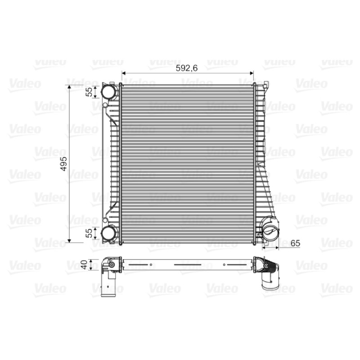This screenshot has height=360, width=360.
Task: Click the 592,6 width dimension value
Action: [x=186, y=68]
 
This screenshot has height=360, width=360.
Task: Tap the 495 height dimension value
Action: [x=63, y=164]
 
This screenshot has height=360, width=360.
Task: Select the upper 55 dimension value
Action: [x=89, y=92]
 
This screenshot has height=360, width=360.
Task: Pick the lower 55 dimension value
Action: [x=89, y=233]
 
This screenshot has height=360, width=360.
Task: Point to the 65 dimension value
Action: [x=295, y=243]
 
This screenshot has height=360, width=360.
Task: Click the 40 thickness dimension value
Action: [x=84, y=265]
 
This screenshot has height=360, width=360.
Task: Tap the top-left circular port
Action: [x=108, y=92]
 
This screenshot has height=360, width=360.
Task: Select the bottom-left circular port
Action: [x=108, y=233]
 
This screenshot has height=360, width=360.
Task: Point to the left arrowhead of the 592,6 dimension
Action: [x=123, y=73]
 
